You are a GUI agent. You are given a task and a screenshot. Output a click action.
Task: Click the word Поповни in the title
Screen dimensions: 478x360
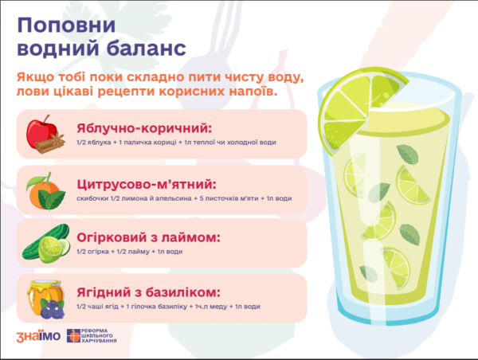click(x=66, y=25)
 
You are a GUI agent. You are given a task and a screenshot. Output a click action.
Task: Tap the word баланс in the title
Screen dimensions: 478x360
click(x=147, y=48)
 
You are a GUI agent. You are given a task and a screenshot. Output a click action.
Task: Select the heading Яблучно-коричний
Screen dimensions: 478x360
click(x=144, y=128)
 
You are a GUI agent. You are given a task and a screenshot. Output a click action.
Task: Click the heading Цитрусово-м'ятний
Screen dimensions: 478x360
click(x=147, y=184)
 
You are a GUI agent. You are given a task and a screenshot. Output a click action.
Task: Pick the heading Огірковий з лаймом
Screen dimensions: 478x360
click(x=148, y=237)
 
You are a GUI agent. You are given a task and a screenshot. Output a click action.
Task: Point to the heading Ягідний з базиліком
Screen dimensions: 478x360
click(x=148, y=292)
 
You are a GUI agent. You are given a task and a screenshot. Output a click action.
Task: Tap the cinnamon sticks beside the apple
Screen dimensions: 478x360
click(x=50, y=143)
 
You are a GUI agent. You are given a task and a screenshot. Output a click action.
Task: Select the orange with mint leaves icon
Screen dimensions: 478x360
click(x=45, y=191)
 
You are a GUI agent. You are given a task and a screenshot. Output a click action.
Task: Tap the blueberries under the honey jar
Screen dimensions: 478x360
click(x=52, y=309)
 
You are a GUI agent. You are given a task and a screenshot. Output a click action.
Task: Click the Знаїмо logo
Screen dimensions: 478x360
click(x=38, y=336)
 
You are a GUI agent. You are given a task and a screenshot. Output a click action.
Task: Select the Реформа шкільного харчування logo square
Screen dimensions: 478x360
click(x=73, y=335)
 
